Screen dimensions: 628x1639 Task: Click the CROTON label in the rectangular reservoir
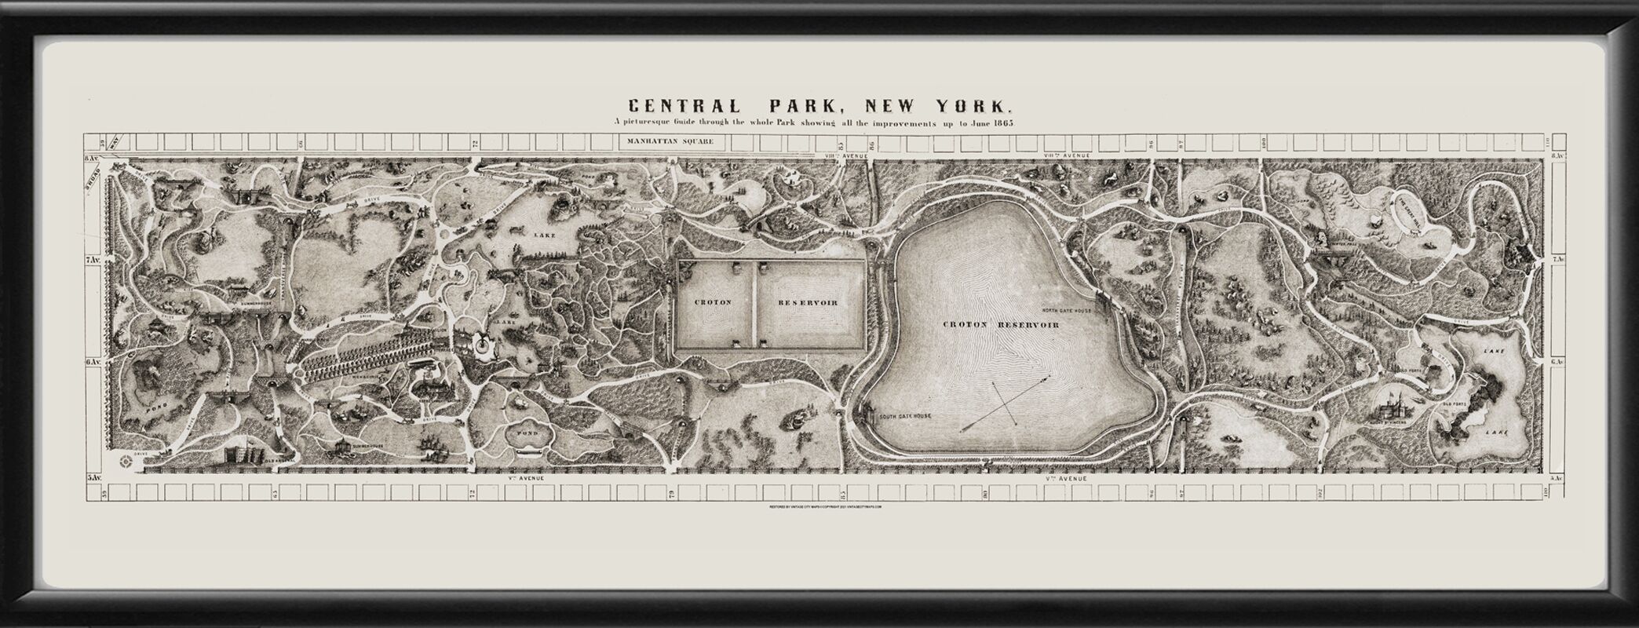point(713,302)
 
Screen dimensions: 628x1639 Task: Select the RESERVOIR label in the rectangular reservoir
point(808,302)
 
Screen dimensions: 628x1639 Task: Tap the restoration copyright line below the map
point(826,507)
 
